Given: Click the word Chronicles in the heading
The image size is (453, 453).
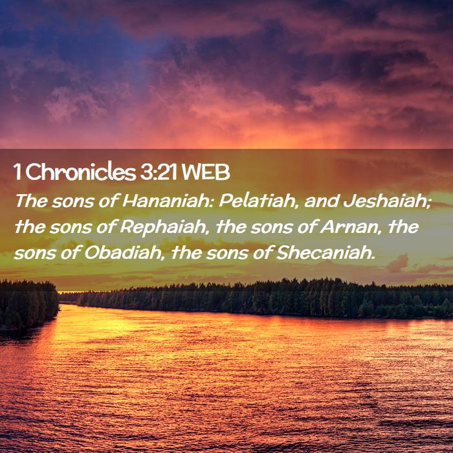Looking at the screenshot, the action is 81,172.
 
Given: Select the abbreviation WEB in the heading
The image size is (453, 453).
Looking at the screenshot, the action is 206,172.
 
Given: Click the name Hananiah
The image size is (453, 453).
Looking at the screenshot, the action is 167,201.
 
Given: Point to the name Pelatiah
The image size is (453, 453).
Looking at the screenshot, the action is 258,201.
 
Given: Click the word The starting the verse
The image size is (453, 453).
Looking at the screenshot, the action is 31,201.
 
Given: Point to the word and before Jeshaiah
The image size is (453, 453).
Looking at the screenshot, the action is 321,201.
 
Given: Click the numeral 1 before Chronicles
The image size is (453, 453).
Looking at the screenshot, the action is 17,173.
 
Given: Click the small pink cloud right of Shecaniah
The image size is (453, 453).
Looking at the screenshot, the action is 397,263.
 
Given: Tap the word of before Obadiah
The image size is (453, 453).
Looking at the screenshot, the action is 70,252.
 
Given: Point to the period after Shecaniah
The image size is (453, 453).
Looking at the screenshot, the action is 373,258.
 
